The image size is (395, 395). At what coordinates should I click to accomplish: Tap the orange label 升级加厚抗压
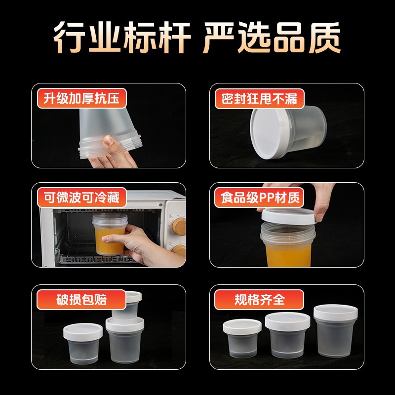[81, 99]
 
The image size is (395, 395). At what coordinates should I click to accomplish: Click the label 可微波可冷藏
[81, 198]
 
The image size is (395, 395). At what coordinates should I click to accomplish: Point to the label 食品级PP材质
[259, 198]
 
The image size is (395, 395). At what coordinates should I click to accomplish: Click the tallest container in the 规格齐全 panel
[332, 331]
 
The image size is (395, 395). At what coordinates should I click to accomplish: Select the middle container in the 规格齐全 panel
[287, 335]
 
